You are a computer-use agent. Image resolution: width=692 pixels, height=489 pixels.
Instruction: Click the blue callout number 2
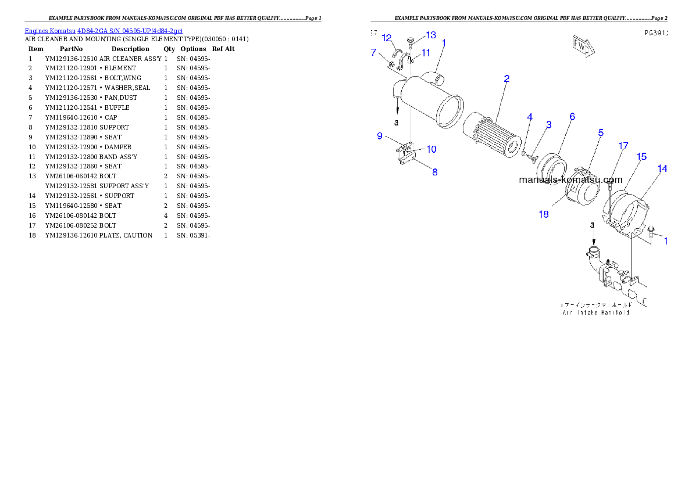coord(506,79)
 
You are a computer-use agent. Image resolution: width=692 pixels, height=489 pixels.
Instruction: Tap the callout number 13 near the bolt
coord(431,35)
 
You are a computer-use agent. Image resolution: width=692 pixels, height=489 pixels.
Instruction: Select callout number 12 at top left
coord(387,38)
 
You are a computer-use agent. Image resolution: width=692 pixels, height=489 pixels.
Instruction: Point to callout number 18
coord(544,214)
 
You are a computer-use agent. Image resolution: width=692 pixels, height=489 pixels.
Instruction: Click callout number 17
coord(623,146)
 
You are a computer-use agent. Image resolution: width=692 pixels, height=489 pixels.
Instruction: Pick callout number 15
coord(641,157)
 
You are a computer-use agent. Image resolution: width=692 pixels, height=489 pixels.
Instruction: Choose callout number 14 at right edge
coord(662,169)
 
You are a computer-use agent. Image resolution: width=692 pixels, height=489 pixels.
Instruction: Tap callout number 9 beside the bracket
coord(380,136)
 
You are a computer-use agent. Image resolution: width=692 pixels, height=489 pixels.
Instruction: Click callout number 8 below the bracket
coord(434,172)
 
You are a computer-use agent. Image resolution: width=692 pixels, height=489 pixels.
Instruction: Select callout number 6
coord(572,117)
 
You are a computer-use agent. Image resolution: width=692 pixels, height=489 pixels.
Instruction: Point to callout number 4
coord(530,117)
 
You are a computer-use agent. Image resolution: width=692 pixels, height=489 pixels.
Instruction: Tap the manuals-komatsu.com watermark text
coord(570,180)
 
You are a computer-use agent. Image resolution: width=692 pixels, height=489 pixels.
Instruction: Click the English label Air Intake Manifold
coord(596,312)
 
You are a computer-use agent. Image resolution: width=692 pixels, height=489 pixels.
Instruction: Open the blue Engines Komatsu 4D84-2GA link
coord(104,31)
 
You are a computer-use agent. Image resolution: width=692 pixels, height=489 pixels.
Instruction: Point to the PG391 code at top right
coord(656,33)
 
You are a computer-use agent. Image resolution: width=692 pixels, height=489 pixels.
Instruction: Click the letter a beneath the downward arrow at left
coord(397,123)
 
